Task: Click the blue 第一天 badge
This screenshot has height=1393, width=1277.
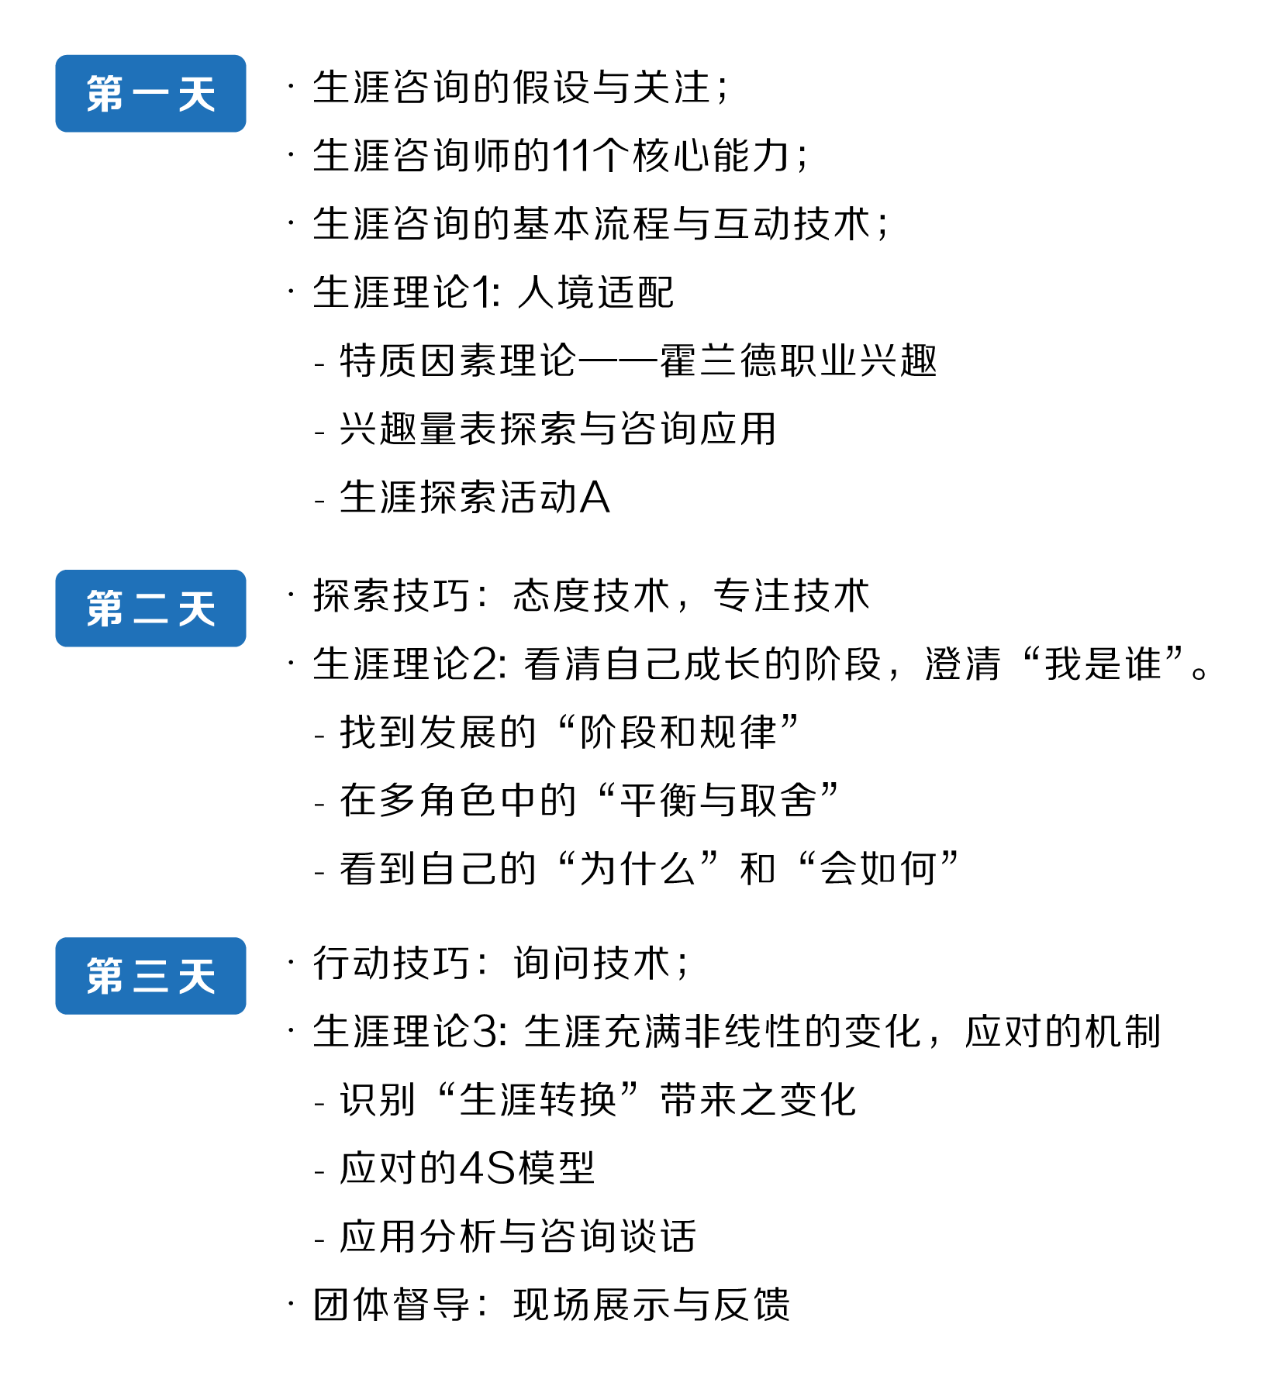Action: coord(150,94)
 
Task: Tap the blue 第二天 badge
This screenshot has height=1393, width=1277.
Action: coord(150,609)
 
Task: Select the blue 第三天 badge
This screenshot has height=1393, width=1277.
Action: coord(150,976)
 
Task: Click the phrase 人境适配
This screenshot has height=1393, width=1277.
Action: coord(595,292)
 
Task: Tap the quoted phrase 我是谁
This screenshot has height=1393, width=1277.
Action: coord(1103,664)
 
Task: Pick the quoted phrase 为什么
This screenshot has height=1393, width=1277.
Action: coord(638,869)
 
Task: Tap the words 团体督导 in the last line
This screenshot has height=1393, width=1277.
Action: coord(392,1305)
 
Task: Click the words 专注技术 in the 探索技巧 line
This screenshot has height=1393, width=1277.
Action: coord(792,596)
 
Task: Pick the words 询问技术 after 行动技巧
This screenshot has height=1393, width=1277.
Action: coord(592,964)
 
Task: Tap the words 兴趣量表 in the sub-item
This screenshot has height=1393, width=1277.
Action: coord(419,429)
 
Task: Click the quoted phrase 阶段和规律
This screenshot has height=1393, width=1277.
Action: coord(678,733)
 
